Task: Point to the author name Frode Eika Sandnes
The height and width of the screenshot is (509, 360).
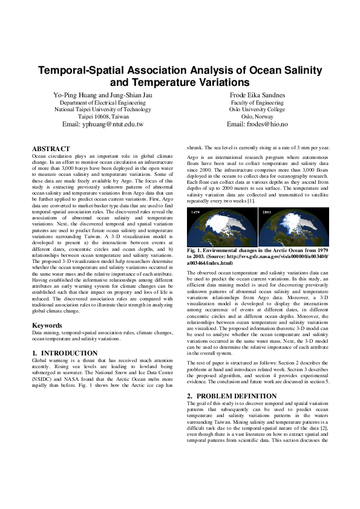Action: click(x=257, y=96)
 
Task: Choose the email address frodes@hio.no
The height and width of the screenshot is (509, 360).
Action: click(x=257, y=124)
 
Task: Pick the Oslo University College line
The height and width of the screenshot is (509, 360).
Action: click(x=257, y=109)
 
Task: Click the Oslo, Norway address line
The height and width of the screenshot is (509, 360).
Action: click(x=257, y=117)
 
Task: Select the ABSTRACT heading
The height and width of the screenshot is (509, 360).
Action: click(x=51, y=149)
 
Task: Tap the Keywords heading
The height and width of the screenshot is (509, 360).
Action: click(x=47, y=326)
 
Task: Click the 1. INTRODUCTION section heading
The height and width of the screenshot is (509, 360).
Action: click(x=65, y=353)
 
